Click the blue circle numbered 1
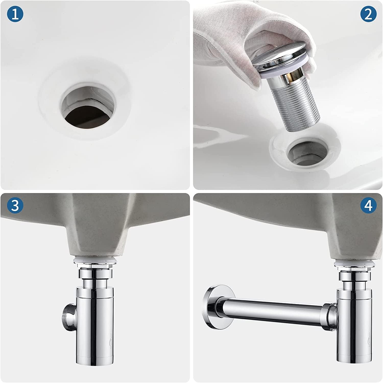pos(15,14)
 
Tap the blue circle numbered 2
pos(368,14)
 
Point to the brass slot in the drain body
pos(290,77)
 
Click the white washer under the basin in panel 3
pos(95,261)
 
